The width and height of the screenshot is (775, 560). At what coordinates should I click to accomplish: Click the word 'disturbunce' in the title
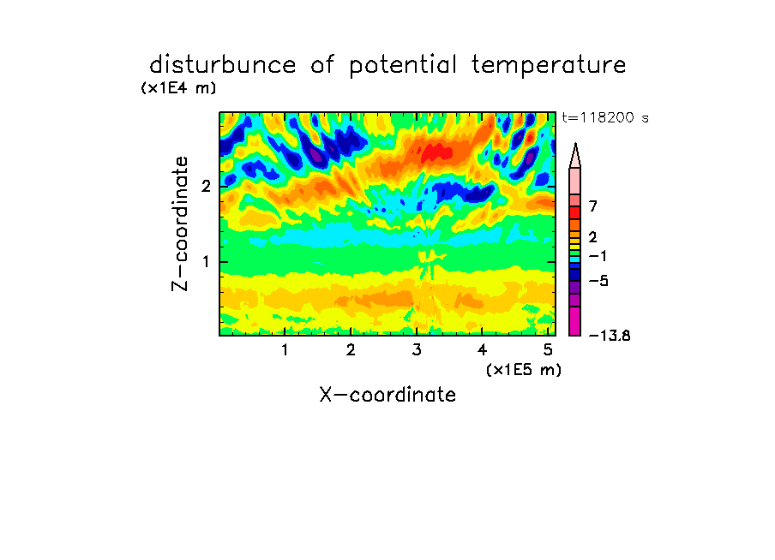(x=222, y=65)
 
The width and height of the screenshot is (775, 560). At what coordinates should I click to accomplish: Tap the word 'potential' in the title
(x=403, y=66)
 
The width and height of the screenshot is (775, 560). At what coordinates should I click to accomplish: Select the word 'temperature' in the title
(x=549, y=66)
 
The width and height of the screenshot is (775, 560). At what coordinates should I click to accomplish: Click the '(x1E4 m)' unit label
(x=178, y=88)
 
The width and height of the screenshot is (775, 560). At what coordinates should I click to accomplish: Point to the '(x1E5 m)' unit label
(x=524, y=369)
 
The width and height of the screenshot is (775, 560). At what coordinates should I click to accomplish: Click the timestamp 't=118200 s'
(x=605, y=118)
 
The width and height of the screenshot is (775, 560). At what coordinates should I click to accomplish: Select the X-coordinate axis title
(x=387, y=395)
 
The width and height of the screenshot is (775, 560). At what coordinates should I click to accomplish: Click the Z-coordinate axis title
(x=179, y=223)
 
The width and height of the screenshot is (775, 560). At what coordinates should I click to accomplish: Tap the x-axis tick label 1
(x=285, y=349)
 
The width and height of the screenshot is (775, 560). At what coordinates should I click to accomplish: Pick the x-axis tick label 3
(x=417, y=349)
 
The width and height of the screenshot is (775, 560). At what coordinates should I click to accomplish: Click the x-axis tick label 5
(x=548, y=349)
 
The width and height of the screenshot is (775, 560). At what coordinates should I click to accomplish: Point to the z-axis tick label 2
(x=206, y=187)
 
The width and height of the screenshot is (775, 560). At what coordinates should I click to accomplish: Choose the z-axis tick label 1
(x=206, y=262)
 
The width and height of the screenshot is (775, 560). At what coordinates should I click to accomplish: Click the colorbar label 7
(x=593, y=206)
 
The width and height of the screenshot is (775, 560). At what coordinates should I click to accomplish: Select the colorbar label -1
(x=598, y=256)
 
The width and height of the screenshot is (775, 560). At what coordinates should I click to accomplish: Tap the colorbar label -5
(x=598, y=281)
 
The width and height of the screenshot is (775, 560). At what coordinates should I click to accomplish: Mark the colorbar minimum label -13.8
(x=610, y=336)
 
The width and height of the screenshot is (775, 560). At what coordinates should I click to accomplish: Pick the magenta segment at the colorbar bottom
(x=575, y=321)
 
